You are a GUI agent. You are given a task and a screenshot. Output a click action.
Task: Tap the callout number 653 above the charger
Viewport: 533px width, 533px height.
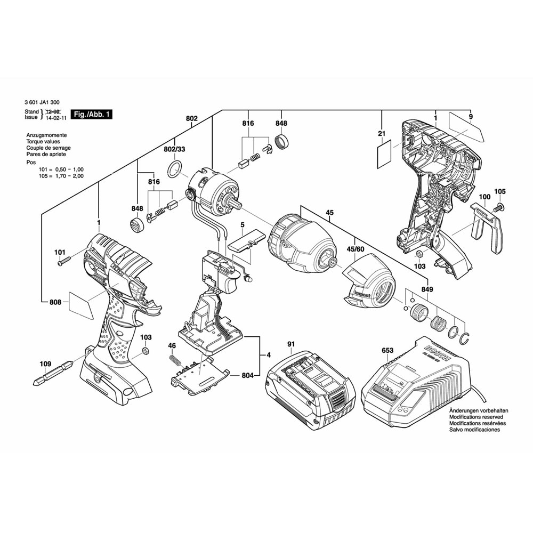click(387, 350)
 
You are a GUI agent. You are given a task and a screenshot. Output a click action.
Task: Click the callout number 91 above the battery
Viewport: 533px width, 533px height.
click(290, 344)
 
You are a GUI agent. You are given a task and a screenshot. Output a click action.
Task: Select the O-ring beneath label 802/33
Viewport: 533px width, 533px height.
click(174, 171)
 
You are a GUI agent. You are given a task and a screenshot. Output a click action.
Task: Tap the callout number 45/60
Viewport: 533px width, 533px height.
click(355, 233)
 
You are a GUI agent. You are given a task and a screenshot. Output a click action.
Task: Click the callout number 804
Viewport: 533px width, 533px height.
click(247, 376)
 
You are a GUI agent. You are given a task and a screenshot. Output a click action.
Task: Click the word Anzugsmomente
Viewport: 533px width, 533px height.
click(46, 136)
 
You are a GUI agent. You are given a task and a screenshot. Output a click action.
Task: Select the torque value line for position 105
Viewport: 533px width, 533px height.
click(61, 175)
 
